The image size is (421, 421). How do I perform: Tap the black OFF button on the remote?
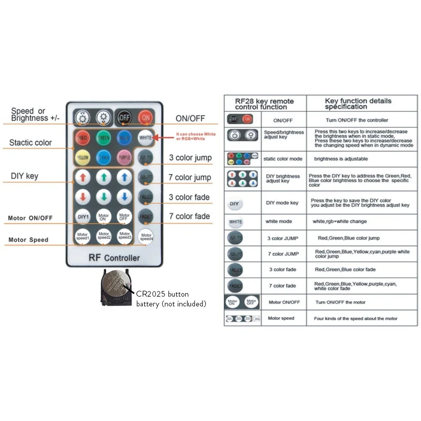(125, 118)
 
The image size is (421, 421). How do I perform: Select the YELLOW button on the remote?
(83, 157)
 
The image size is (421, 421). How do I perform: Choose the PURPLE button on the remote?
(124, 157)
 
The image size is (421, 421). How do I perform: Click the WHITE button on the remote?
(146, 138)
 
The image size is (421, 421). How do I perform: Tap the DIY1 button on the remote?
(83, 217)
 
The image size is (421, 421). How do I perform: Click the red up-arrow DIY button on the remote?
(83, 177)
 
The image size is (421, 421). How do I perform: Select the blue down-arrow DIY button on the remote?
(124, 197)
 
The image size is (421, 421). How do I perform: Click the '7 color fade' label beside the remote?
(189, 216)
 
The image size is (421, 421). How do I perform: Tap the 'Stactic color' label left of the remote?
(30, 143)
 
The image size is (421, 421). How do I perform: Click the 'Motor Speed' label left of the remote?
(29, 240)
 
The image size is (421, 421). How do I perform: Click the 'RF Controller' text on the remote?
(114, 258)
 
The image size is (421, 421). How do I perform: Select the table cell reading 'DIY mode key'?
(282, 203)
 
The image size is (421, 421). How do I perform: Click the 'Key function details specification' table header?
(358, 104)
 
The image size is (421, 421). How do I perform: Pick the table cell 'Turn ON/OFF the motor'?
(341, 302)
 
